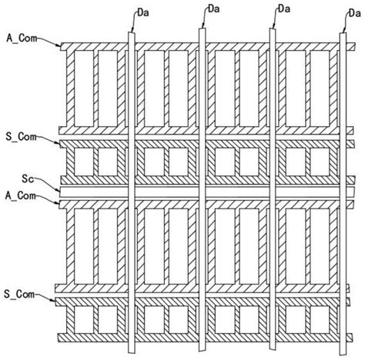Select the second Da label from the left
pyautogui.click(x=213, y=9)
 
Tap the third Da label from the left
pyautogui.click(x=282, y=9)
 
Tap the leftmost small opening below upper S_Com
pyautogui.click(x=82, y=163)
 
